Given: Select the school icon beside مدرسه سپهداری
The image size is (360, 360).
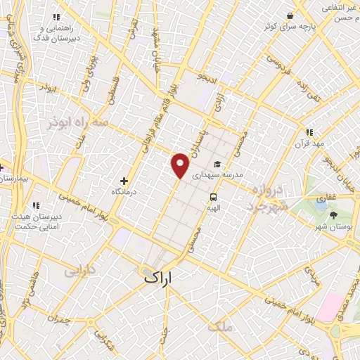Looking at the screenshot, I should click(218, 164).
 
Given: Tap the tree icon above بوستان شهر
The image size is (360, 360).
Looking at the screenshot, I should click(333, 214).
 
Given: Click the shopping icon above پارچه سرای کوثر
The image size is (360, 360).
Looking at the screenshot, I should click(290, 16).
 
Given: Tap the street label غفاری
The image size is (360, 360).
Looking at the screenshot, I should click(325, 199).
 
